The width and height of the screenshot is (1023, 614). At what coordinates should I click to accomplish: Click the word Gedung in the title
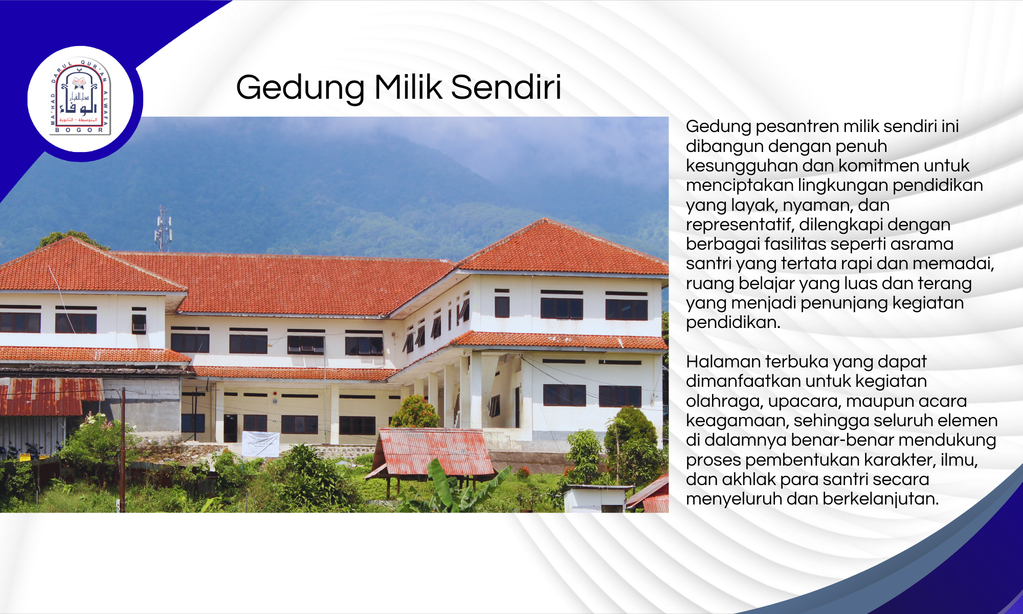[x=300, y=88]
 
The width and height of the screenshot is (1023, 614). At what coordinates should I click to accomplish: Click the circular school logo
[x=80, y=99]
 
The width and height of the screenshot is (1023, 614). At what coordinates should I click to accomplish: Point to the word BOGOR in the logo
[x=79, y=130]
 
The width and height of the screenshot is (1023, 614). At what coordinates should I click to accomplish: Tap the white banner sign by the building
[x=261, y=444]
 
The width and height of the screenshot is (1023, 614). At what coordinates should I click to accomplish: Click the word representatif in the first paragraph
[x=740, y=225]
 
